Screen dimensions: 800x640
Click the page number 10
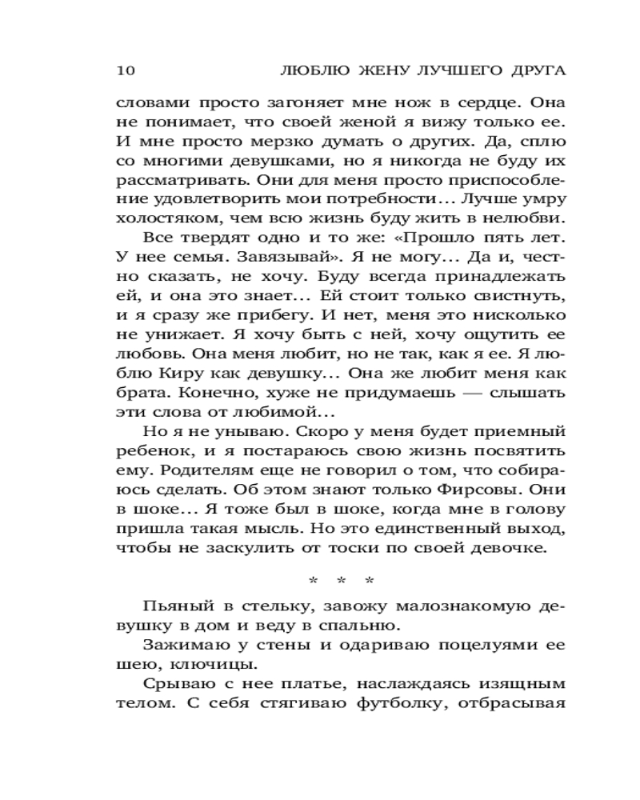point(126,70)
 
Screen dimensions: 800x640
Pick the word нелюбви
point(525,217)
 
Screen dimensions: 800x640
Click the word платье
point(300,683)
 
